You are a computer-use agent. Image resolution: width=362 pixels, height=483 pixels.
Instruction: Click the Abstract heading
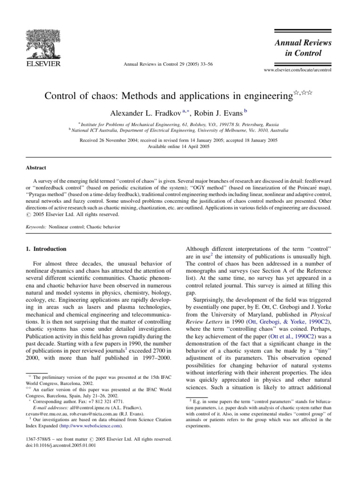click(x=36, y=167)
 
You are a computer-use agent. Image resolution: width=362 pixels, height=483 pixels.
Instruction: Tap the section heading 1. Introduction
click(x=46, y=248)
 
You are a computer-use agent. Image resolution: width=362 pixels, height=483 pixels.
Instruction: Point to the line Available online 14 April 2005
click(x=181, y=147)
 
